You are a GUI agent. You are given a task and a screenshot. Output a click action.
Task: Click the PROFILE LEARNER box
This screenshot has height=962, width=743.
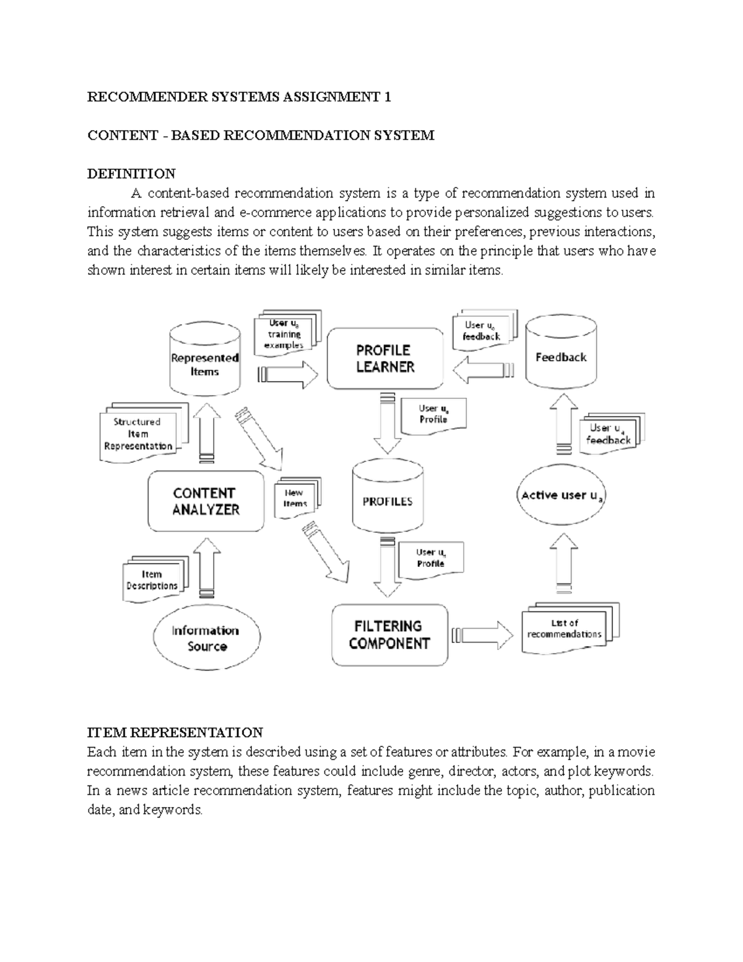tap(385, 359)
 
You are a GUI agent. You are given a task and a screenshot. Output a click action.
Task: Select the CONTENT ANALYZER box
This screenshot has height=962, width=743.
tap(206, 501)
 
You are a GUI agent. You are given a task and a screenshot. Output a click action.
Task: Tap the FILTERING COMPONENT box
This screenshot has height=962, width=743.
tap(389, 635)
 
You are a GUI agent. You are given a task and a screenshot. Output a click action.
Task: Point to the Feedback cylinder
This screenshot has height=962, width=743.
tap(560, 357)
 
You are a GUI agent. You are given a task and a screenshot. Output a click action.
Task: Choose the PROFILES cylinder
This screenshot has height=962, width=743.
tap(388, 501)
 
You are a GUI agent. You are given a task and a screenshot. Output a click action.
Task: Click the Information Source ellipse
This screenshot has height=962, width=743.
tap(207, 638)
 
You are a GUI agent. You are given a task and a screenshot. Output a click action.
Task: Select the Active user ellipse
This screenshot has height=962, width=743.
tap(561, 496)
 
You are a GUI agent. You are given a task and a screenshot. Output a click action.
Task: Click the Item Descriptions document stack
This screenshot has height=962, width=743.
tap(153, 579)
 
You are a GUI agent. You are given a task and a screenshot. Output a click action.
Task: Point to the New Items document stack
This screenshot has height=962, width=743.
tap(296, 498)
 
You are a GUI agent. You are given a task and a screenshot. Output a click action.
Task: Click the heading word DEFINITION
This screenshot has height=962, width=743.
tap(131, 173)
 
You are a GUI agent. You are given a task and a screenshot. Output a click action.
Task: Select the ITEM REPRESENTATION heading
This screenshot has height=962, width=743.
tap(175, 733)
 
